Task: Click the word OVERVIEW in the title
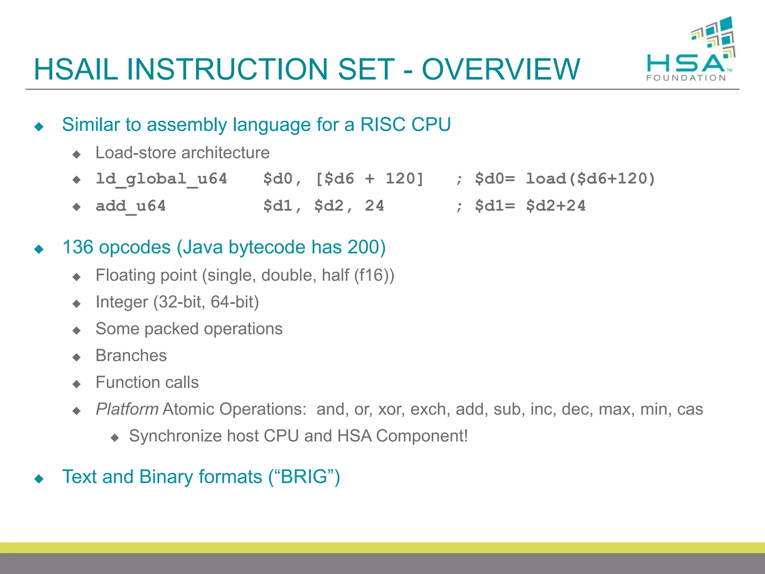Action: tap(501, 70)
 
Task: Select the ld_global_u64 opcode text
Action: tap(161, 179)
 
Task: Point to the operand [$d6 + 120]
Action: tap(369, 179)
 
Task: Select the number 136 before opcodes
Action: tap(78, 247)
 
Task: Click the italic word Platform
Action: tap(127, 409)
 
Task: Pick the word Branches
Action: tap(131, 355)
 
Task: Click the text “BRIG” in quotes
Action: tap(304, 477)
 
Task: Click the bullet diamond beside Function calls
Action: tap(77, 384)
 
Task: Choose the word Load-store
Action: tap(136, 153)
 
